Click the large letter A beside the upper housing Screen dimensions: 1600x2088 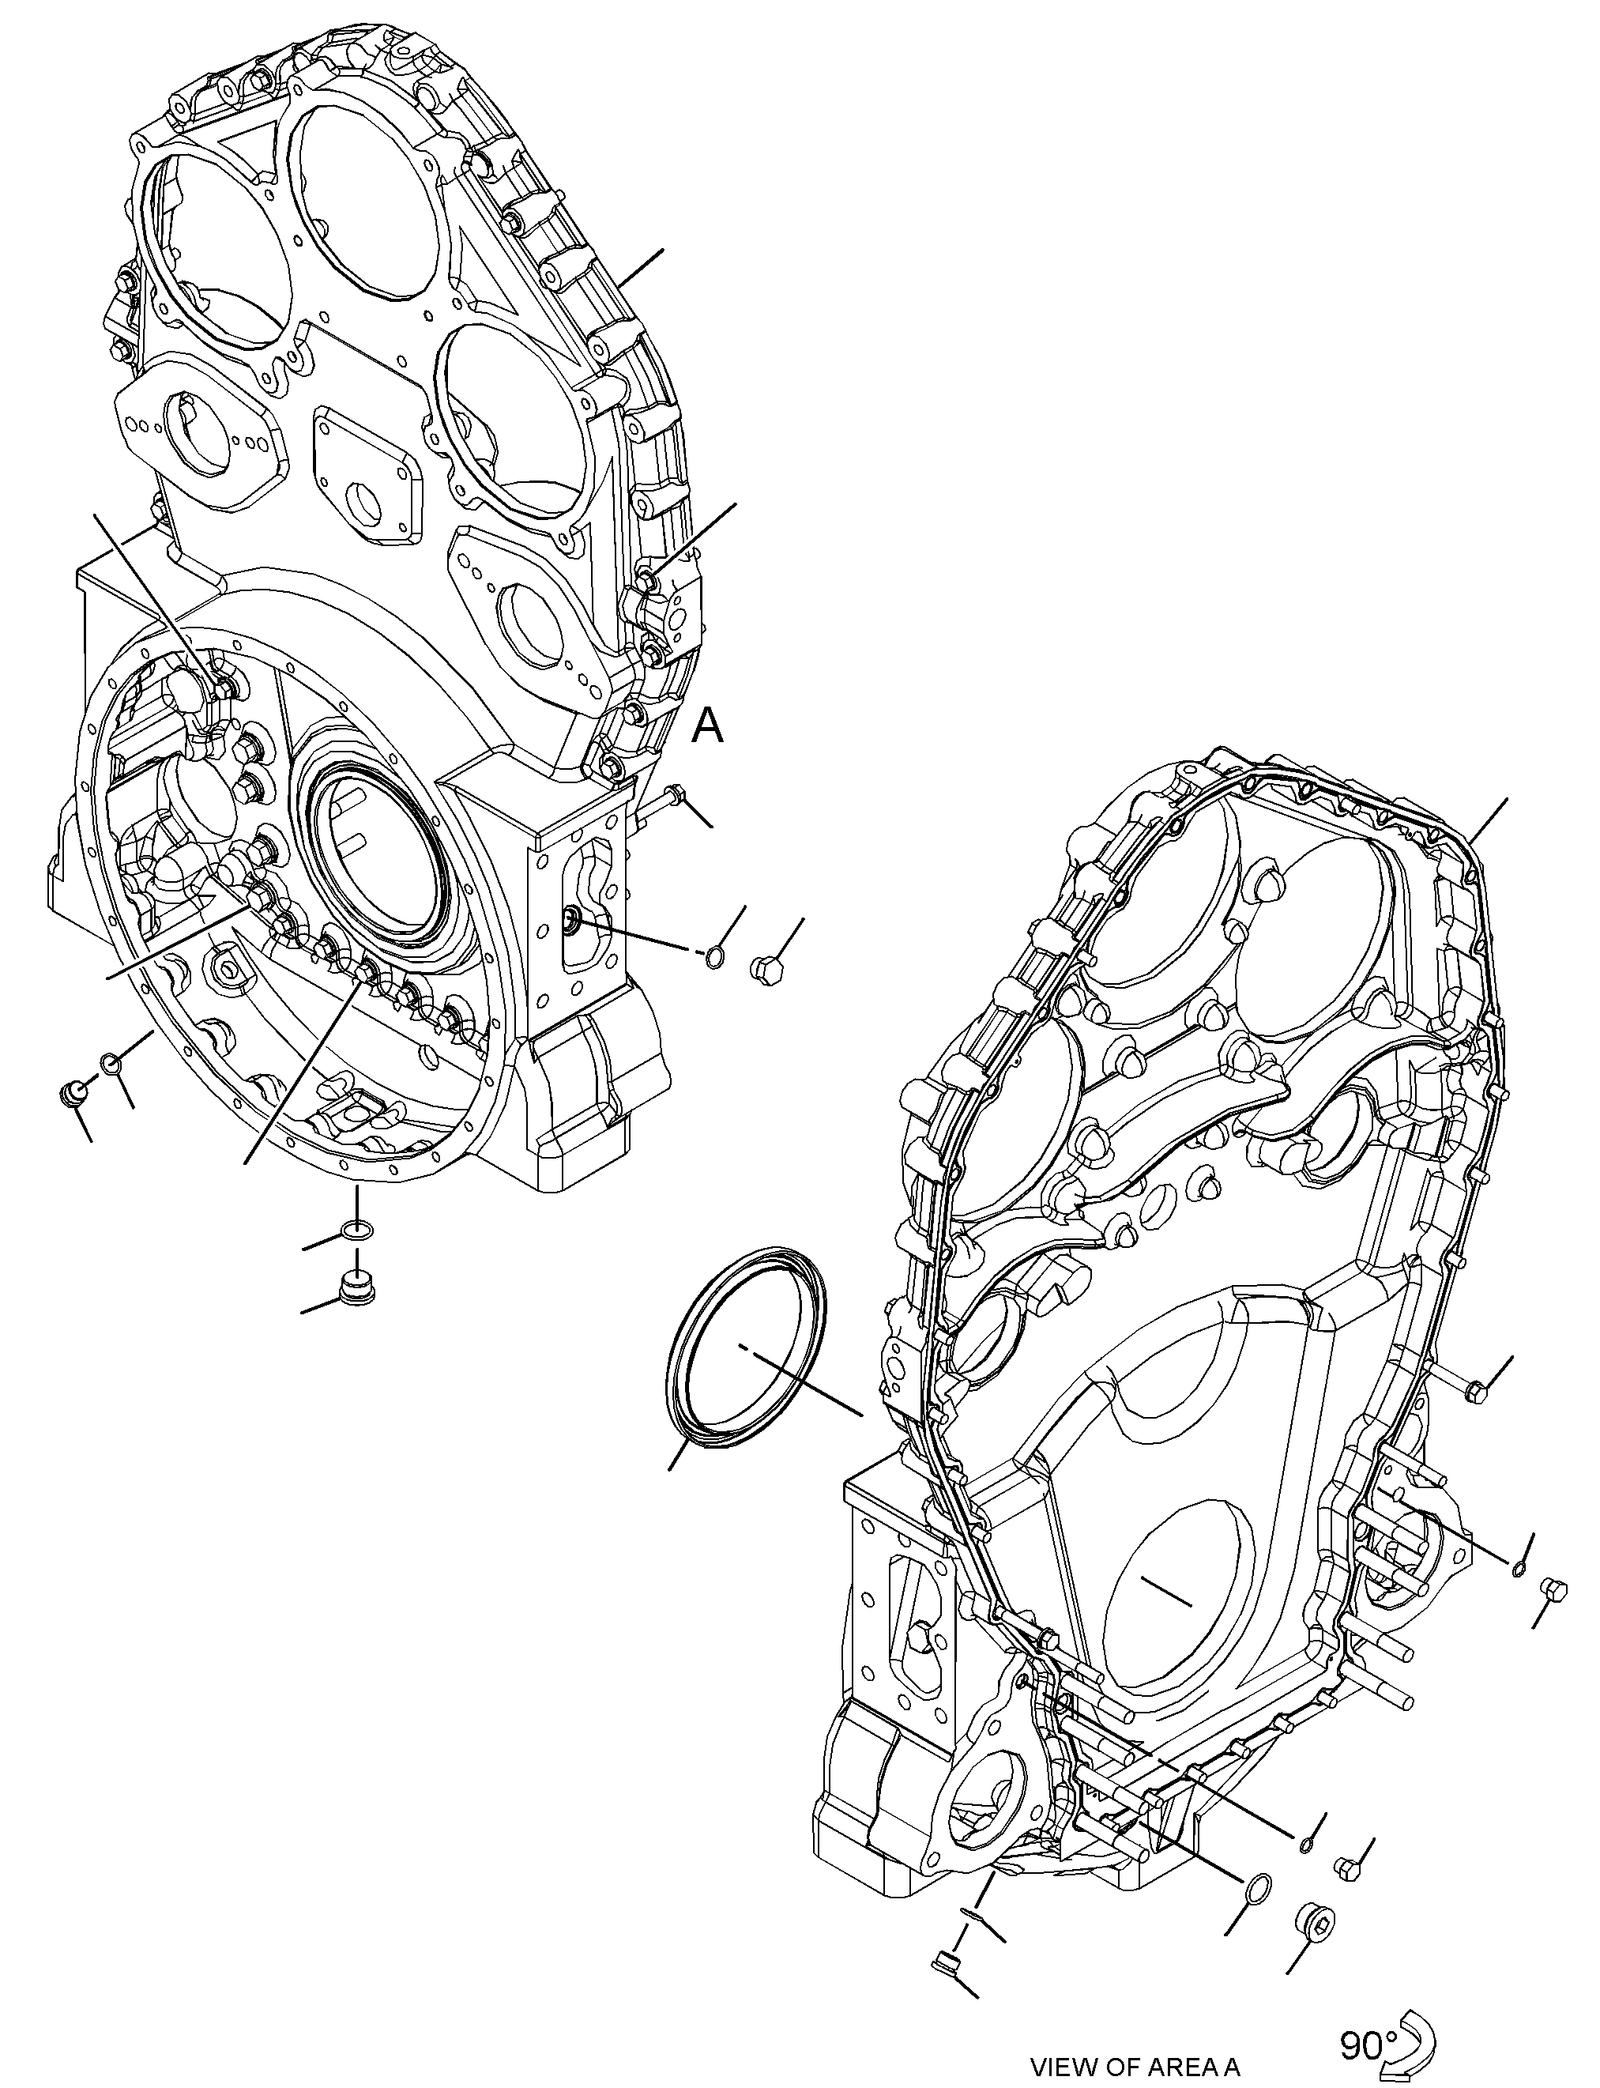(x=708, y=727)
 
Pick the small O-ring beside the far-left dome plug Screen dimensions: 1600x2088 (x=111, y=1063)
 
